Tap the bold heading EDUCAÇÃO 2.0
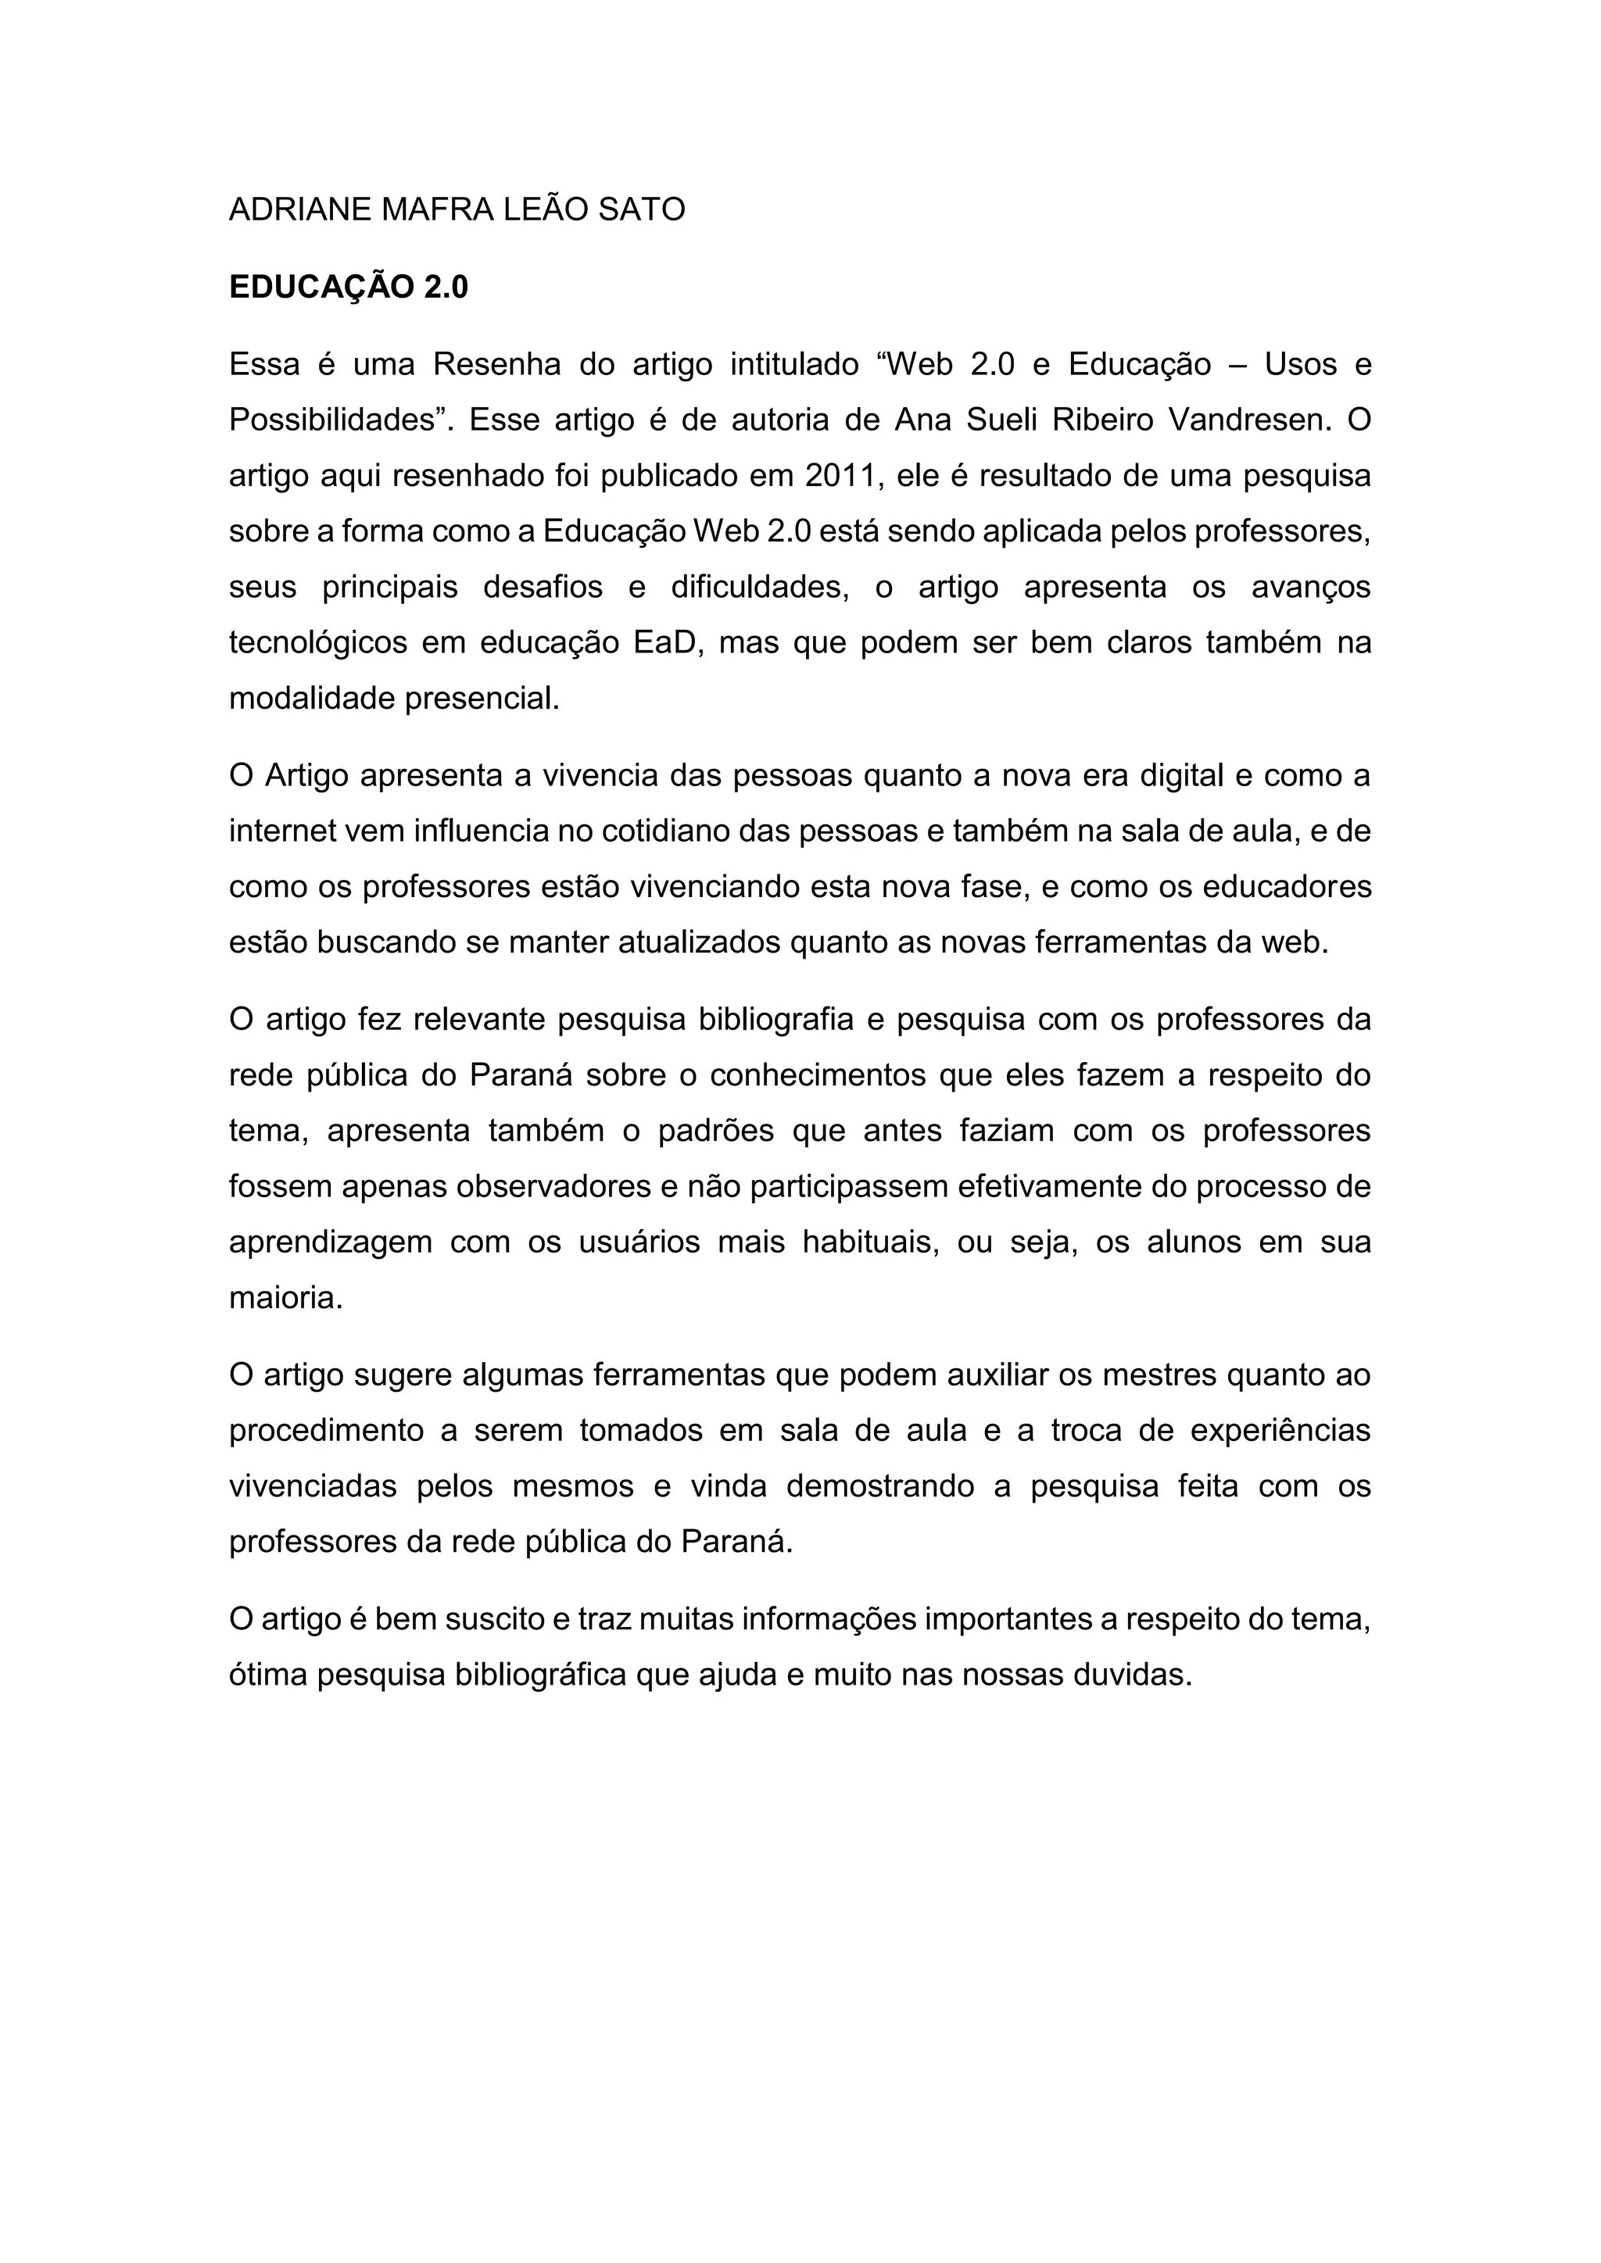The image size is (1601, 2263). pyautogui.click(x=348, y=288)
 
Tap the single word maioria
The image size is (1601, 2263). pyautogui.click(x=285, y=1298)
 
